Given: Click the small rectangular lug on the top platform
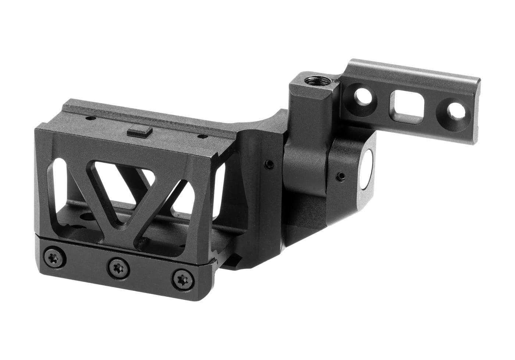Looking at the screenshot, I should [x=140, y=131].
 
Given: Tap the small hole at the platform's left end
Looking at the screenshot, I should [x=89, y=118].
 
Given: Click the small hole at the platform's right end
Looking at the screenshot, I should [x=201, y=136].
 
